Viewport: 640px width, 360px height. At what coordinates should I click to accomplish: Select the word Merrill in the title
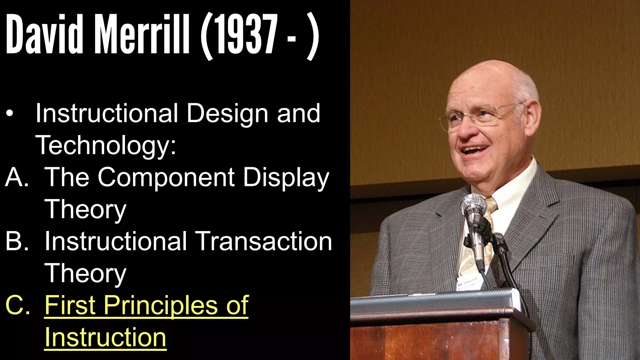[142, 34]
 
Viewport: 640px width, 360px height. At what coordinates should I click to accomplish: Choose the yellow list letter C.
[17, 305]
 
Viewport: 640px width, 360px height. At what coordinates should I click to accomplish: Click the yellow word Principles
[161, 305]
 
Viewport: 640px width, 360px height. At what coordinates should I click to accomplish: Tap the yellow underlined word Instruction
[105, 337]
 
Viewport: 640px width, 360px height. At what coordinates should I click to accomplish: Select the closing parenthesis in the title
[312, 36]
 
